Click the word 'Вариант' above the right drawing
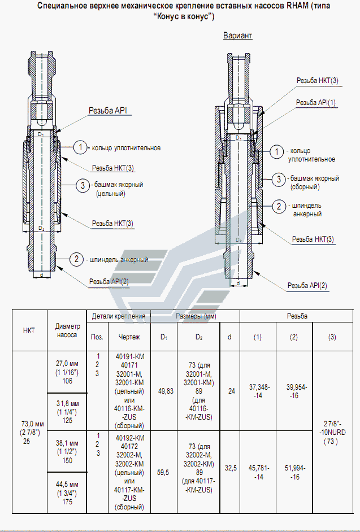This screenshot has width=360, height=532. (x=238, y=36)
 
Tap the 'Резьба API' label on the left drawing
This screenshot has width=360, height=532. (x=107, y=111)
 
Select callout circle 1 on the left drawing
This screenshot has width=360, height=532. (x=80, y=147)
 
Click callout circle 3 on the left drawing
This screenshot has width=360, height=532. (x=83, y=186)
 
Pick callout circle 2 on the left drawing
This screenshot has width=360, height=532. (x=76, y=259)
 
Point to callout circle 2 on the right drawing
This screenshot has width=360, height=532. (x=279, y=206)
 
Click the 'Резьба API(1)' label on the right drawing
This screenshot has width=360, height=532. (x=315, y=102)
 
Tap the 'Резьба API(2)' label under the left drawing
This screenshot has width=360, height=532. (x=109, y=282)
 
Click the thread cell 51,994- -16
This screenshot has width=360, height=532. (x=294, y=472)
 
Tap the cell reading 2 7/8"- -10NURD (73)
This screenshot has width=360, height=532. (x=333, y=432)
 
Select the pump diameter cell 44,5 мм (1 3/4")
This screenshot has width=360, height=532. (x=67, y=492)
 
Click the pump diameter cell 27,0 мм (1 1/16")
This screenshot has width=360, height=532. (x=67, y=372)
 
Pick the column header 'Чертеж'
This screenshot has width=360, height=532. (x=129, y=337)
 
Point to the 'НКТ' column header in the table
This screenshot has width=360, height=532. (x=29, y=330)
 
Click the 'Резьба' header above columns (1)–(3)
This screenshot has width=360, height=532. (x=297, y=316)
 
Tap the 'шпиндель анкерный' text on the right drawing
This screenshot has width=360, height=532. (x=307, y=210)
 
